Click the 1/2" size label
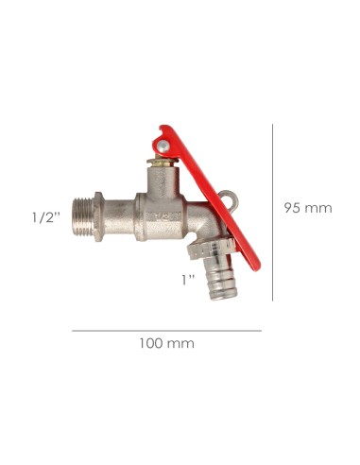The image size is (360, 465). pyautogui.click(x=45, y=216)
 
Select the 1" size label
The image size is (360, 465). pyautogui.click(x=187, y=279)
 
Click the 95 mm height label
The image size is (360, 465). pyautogui.click(x=308, y=208)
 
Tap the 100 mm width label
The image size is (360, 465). pyautogui.click(x=167, y=343)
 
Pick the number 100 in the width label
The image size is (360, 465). pyautogui.click(x=152, y=343)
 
